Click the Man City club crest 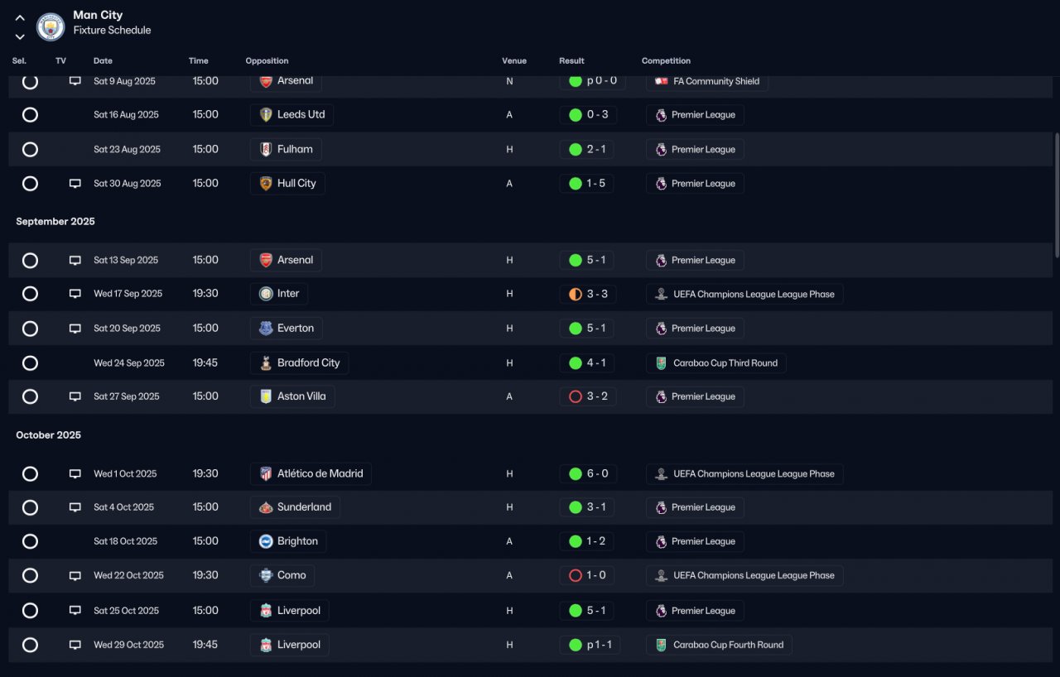click(51, 26)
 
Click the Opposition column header click(267, 60)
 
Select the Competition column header click(666, 60)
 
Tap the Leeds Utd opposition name click(301, 114)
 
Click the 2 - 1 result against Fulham click(595, 150)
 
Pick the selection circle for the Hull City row click(31, 184)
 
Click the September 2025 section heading click(55, 221)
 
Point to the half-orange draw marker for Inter click(575, 294)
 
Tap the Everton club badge click(266, 328)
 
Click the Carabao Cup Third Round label click(725, 363)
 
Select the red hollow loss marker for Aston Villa click(575, 396)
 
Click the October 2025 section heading click(48, 435)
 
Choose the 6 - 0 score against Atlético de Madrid click(597, 473)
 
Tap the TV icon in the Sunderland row click(75, 507)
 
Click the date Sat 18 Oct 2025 click(125, 541)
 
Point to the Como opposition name click(291, 575)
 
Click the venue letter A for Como click(509, 575)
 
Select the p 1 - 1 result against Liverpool click(599, 645)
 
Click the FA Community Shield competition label click(716, 81)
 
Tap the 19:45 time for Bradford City click(205, 363)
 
